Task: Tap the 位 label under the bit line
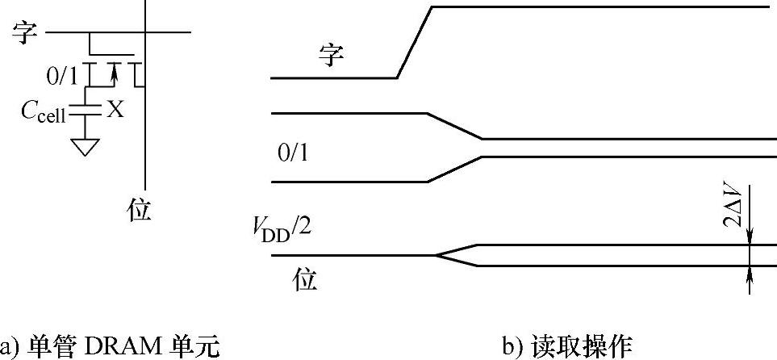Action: [x=140, y=211]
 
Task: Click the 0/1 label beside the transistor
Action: [x=62, y=77]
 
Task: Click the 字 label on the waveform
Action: [x=331, y=56]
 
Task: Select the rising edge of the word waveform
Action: [x=415, y=43]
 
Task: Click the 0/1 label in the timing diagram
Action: [x=291, y=153]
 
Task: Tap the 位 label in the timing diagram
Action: [x=305, y=280]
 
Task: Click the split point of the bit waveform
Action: [x=437, y=255]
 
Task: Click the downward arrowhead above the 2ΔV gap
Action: [x=750, y=238]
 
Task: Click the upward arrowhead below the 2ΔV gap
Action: [x=750, y=272]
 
